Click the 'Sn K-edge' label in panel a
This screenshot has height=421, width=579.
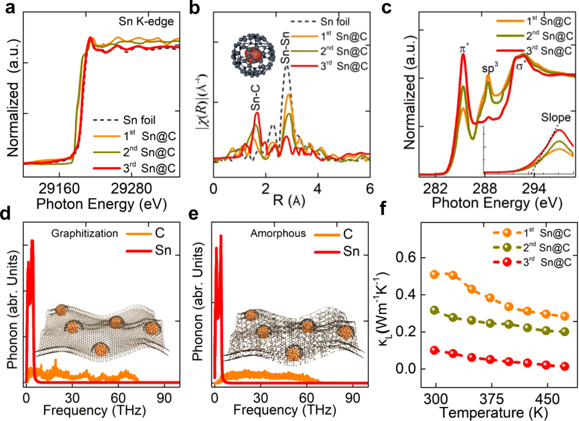click(146, 21)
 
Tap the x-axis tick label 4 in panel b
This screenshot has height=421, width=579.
click(317, 189)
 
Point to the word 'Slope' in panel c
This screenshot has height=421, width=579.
click(555, 117)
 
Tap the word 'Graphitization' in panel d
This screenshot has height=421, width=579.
click(84, 233)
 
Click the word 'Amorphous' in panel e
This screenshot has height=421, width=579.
click(278, 233)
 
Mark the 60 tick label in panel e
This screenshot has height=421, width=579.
click(307, 397)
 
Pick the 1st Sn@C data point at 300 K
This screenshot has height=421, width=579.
click(434, 275)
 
